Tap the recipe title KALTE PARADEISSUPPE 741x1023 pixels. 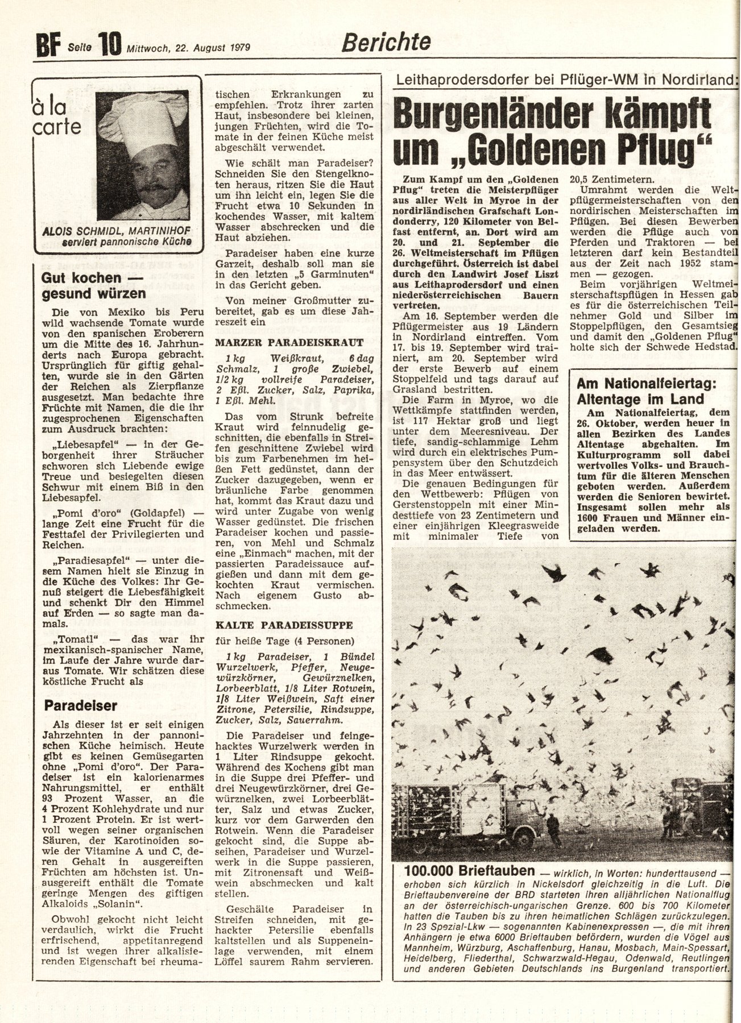pos(284,625)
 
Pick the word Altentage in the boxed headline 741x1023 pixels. pos(610,399)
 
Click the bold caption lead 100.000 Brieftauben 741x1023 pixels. pos(470,871)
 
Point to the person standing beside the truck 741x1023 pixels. pos(550,830)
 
